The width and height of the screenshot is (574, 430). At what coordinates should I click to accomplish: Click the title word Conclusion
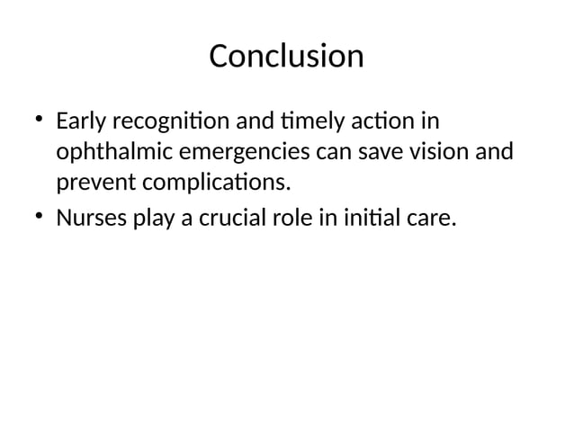point(286,56)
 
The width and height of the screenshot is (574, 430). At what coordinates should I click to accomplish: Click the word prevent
point(94,184)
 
